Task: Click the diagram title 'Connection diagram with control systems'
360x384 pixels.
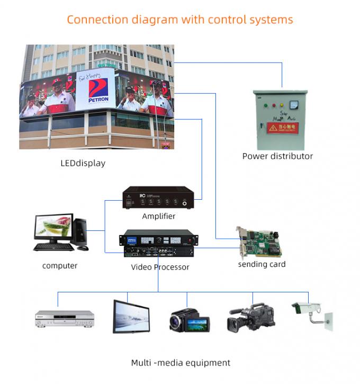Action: (179, 20)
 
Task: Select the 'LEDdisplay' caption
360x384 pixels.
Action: (83, 163)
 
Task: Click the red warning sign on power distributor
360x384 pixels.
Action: (282, 127)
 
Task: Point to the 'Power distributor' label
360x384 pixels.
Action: (277, 156)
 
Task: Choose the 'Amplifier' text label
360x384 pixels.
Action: (158, 216)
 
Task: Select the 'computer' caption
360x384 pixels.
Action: (60, 265)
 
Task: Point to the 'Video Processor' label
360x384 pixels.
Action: (160, 267)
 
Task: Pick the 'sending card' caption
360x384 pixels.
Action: (262, 264)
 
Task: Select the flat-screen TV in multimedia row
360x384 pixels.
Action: (128, 317)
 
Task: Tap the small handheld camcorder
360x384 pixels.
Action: (189, 320)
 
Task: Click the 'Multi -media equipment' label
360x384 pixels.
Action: (181, 363)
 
